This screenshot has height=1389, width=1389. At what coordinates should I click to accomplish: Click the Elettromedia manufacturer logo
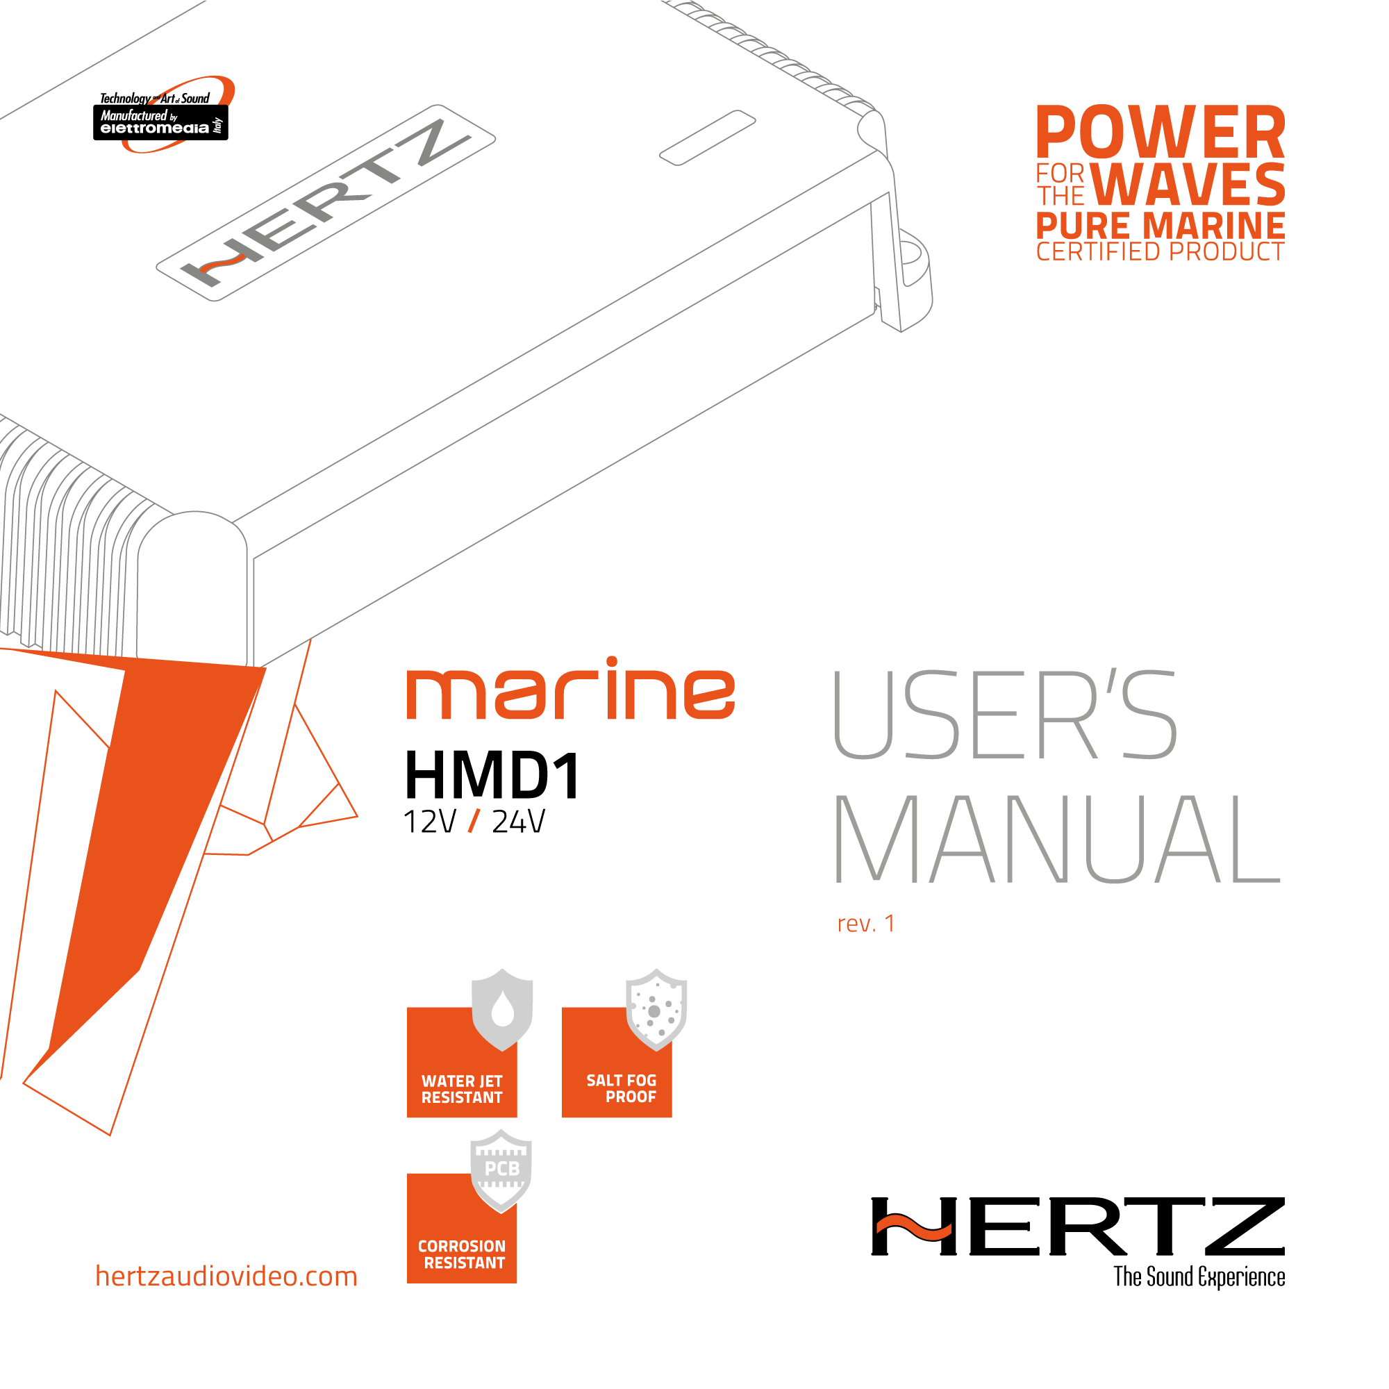tap(161, 117)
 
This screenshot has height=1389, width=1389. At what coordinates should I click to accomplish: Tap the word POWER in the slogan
tap(1160, 134)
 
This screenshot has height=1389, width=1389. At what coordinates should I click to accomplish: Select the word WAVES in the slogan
tap(1188, 185)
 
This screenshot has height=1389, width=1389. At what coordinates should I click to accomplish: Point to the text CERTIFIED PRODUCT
tap(1160, 252)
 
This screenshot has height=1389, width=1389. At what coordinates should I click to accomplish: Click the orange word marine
tap(571, 691)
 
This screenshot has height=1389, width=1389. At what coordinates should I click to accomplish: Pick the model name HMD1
tap(492, 776)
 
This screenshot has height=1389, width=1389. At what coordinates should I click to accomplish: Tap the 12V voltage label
tap(429, 822)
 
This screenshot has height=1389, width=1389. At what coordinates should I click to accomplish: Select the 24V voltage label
tap(518, 822)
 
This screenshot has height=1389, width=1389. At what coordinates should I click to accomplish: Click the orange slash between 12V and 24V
tap(474, 821)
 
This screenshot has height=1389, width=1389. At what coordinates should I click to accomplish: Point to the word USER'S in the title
tap(1004, 715)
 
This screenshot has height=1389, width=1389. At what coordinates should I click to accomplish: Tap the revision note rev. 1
tap(866, 924)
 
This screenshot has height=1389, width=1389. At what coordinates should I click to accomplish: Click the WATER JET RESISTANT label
tap(462, 1089)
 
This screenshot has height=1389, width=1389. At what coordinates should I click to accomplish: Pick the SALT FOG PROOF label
tap(622, 1088)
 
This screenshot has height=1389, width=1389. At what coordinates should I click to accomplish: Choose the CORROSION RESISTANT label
tap(462, 1254)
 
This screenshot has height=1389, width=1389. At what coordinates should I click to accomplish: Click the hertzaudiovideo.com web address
tap(226, 1276)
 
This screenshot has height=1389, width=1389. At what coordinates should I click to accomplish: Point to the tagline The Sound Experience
tap(1199, 1277)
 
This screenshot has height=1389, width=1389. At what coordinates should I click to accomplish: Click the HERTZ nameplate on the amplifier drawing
tap(326, 203)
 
